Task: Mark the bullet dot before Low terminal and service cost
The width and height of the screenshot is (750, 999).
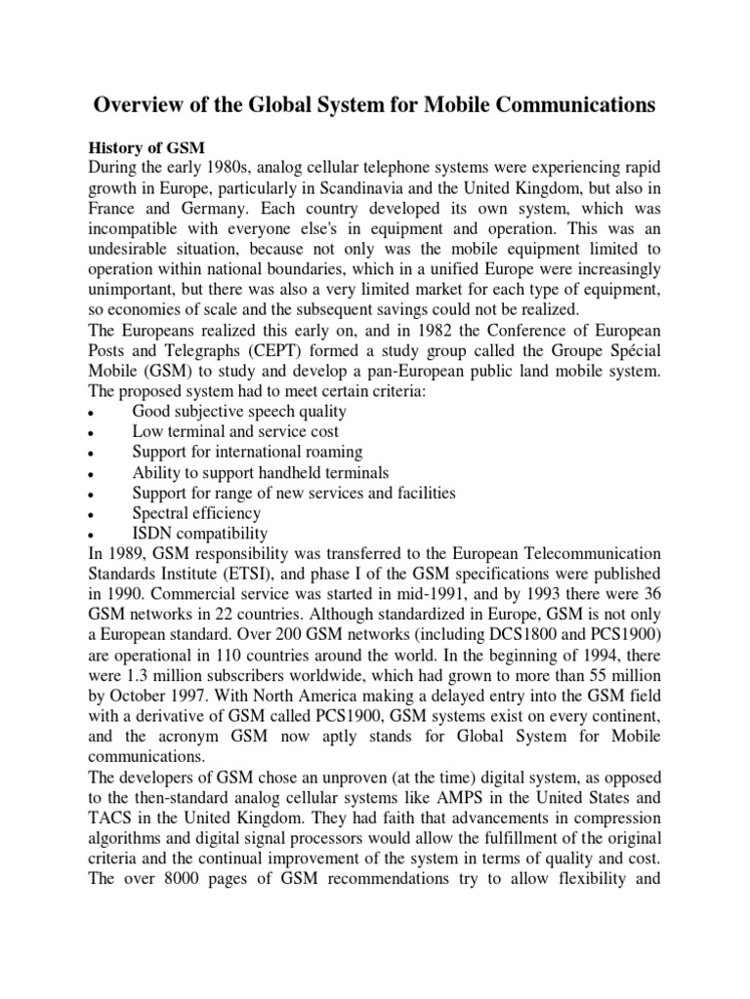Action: tap(90, 432)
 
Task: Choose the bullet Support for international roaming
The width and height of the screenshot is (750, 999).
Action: tap(247, 452)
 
